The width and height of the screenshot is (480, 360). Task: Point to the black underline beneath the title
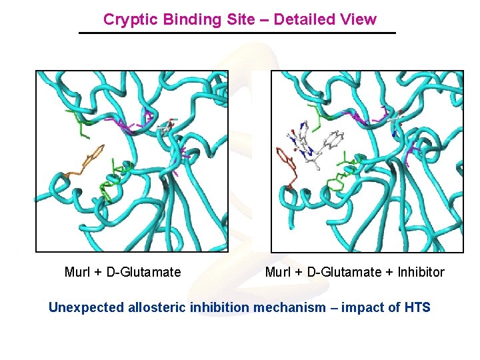(x=237, y=33)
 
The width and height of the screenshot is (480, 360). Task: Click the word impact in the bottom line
(x=360, y=307)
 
